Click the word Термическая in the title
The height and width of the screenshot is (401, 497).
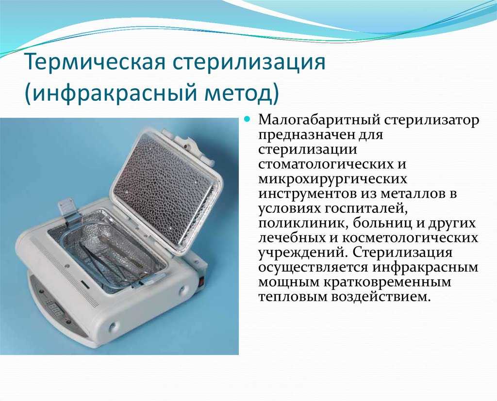95,62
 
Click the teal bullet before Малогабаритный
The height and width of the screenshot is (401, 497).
248,119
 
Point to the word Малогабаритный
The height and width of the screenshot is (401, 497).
319,121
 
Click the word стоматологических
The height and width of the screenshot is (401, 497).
328,164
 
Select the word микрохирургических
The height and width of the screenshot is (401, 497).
332,179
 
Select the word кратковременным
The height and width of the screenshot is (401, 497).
387,282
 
